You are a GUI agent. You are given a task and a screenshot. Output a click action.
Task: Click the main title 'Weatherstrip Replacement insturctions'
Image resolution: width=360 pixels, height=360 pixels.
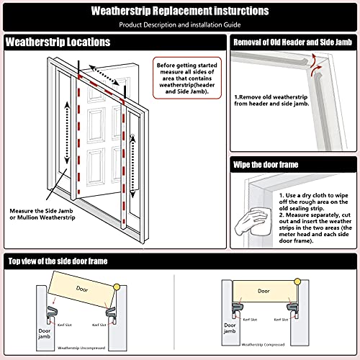click(180, 12)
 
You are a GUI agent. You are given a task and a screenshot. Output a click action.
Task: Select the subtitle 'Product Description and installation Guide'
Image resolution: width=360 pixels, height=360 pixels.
click(180, 25)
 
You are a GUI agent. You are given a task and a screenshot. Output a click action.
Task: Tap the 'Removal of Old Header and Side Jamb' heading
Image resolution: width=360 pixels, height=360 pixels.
click(293, 42)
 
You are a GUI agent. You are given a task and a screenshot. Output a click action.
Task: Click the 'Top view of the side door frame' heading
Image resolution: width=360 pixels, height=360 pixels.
click(71, 260)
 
